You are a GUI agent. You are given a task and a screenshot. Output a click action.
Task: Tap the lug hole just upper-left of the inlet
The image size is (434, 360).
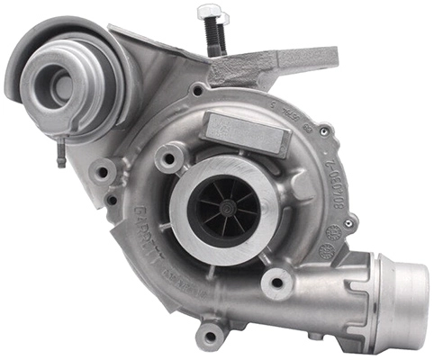point(165,158)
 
